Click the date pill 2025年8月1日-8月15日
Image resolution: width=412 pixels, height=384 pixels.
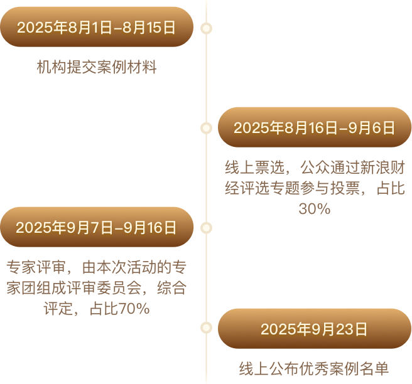(x=96, y=27)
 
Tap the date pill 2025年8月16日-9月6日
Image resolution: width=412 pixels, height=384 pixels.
(x=314, y=128)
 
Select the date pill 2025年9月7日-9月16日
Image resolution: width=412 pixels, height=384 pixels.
(x=96, y=227)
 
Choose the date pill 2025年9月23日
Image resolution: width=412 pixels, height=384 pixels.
(x=314, y=329)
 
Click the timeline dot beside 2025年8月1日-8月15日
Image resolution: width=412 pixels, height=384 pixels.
(x=206, y=28)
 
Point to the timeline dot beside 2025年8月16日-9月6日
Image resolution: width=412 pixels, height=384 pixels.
(x=206, y=128)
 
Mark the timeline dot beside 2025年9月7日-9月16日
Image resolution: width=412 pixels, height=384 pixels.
(x=206, y=227)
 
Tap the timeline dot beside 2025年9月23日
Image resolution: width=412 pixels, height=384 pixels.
(x=206, y=328)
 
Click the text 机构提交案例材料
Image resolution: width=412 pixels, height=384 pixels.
(x=96, y=67)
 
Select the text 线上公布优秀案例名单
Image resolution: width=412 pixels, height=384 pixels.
(x=314, y=368)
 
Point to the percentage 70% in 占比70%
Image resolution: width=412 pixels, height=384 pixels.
(x=135, y=309)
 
